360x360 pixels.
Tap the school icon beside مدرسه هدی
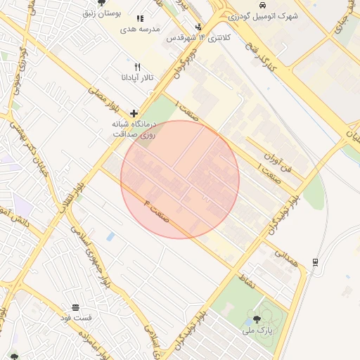tap(140, 18)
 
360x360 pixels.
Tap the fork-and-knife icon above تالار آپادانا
tap(138, 66)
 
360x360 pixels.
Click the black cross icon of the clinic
tap(134, 113)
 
